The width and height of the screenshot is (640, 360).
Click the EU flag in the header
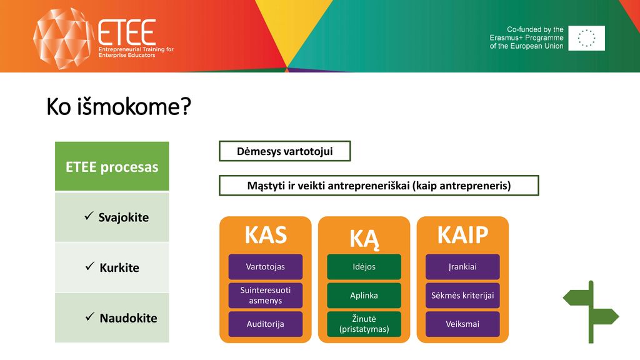(x=586, y=38)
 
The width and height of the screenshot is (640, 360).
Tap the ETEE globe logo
(x=62, y=38)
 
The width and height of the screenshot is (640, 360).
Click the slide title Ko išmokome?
(x=118, y=107)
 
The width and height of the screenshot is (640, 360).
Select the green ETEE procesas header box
(x=112, y=166)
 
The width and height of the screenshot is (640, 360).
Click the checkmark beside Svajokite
(x=89, y=216)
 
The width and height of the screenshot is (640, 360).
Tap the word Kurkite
(x=119, y=267)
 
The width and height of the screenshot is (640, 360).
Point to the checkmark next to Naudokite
(x=90, y=317)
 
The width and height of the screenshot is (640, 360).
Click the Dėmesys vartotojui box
(x=285, y=151)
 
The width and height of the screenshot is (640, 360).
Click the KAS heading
(x=266, y=235)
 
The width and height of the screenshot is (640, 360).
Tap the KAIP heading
(x=463, y=235)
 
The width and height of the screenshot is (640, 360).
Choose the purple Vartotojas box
(x=265, y=266)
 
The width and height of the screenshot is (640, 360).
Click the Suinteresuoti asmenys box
(x=265, y=296)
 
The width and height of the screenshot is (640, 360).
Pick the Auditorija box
(x=265, y=324)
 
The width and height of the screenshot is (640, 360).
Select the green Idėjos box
(x=364, y=266)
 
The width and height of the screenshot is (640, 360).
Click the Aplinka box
(x=364, y=296)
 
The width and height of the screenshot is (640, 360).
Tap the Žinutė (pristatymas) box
(x=364, y=324)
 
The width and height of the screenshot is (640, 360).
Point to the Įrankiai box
(x=462, y=266)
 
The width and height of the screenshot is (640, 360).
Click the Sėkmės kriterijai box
(x=462, y=296)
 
